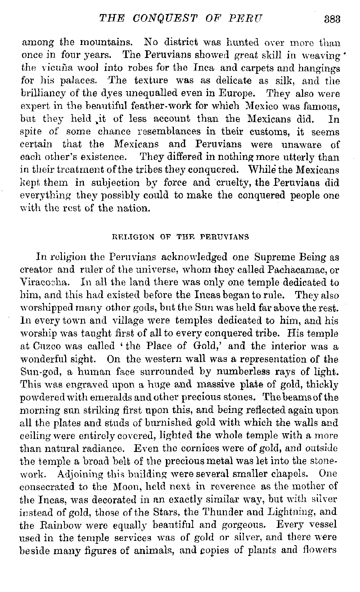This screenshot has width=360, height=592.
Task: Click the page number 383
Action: pyautogui.click(x=332, y=18)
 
